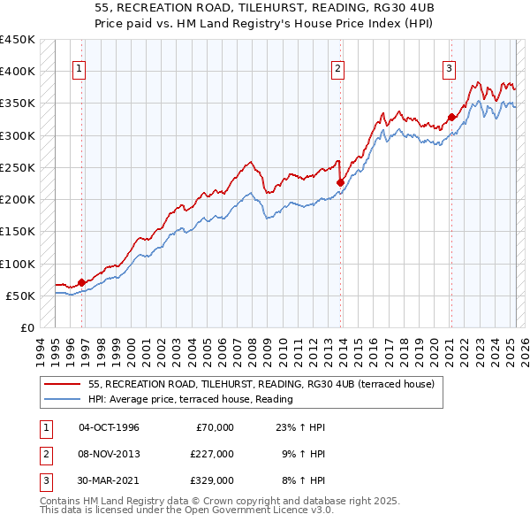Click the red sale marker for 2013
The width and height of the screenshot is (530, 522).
tap(340, 182)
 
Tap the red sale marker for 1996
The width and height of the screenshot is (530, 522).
tap(81, 283)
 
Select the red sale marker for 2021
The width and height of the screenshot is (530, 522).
tap(450, 116)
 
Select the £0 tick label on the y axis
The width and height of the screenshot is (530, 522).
tap(26, 327)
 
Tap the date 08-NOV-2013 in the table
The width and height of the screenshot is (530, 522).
tap(109, 453)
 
